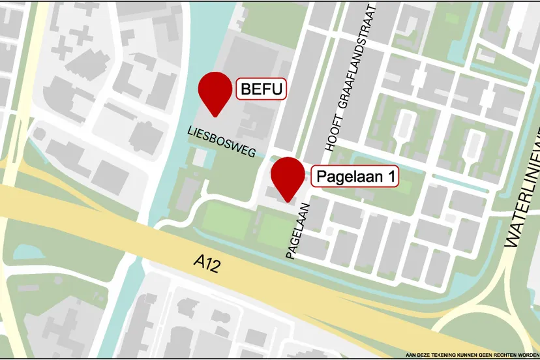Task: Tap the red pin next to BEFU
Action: [215, 91]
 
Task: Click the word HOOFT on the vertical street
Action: [331, 138]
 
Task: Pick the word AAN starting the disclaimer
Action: [411, 355]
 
